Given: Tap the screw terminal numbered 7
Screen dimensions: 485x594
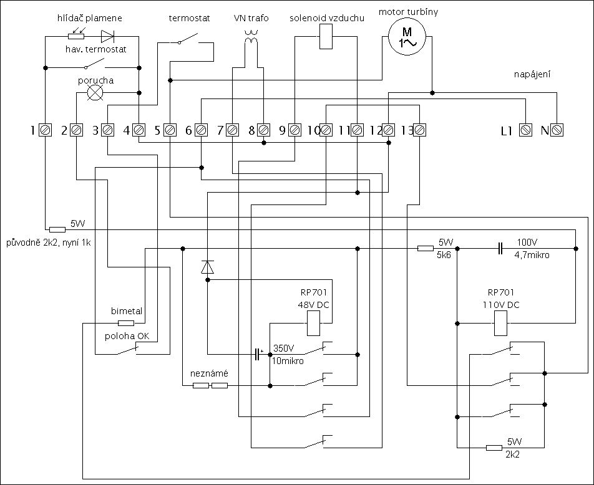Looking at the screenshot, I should [232, 130].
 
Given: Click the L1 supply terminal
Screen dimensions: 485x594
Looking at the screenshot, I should [526, 130].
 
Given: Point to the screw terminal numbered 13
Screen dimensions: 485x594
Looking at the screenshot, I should [419, 130].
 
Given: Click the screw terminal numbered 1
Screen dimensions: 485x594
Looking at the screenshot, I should [45, 130].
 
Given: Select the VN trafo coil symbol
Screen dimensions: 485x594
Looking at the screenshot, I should [251, 37].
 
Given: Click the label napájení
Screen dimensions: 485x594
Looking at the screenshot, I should [532, 74].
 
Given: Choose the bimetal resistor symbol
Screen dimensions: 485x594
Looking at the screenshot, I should [126, 323].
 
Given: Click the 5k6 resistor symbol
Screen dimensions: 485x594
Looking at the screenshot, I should [426, 248].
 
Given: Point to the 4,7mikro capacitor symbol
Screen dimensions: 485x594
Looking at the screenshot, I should [500, 248].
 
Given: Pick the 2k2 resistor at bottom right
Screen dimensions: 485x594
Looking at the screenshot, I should [494, 448].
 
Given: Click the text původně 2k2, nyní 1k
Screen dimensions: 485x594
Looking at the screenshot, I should [48, 242].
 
